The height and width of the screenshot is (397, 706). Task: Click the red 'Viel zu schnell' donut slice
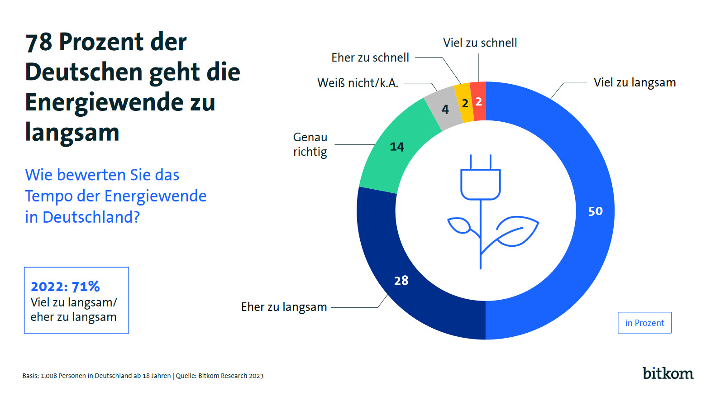(478, 101)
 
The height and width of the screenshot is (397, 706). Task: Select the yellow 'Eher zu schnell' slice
(465, 104)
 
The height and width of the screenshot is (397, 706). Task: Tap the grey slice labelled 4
(445, 110)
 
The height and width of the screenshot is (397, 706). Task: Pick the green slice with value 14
(397, 147)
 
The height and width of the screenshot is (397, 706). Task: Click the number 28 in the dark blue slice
(401, 281)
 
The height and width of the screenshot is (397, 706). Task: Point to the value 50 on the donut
(595, 211)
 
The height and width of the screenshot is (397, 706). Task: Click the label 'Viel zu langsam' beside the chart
(634, 82)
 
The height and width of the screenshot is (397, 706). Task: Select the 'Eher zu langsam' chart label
(284, 307)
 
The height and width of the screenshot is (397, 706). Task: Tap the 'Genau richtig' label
(310, 144)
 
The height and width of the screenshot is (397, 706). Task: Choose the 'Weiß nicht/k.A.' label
(358, 83)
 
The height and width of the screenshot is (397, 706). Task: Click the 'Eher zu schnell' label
(370, 57)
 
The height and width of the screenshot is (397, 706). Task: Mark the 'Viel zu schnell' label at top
(480, 43)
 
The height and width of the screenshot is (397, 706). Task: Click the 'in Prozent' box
(644, 323)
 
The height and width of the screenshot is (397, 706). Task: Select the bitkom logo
(668, 373)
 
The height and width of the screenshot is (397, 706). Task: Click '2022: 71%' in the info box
(65, 287)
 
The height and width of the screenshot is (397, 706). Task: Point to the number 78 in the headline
(39, 42)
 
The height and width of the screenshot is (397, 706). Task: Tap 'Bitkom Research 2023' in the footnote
(231, 376)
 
